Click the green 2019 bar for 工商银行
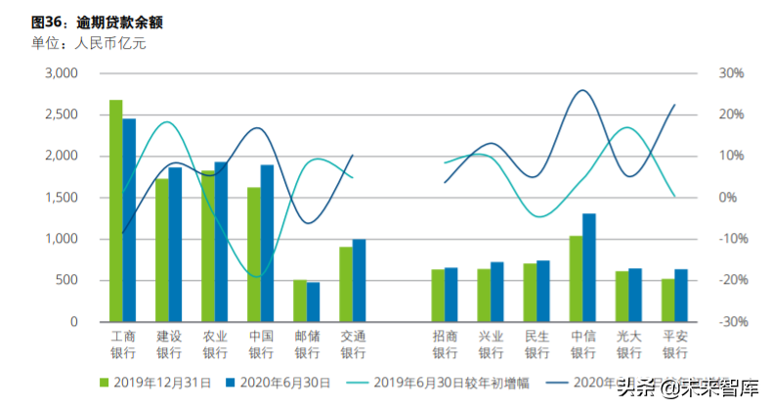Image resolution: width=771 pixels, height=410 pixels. coord(115,210)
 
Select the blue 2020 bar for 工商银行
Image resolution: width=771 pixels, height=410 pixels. coord(129,220)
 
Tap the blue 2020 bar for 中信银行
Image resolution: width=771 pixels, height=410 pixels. coord(589,267)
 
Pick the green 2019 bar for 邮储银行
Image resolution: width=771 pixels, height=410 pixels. coord(300,300)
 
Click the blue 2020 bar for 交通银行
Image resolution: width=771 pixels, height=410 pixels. coord(359,280)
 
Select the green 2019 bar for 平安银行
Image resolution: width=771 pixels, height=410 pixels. coord(667,299)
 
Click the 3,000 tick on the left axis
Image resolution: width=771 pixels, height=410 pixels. coord(61,73)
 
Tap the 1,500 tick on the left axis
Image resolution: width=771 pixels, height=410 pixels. coord(61,198)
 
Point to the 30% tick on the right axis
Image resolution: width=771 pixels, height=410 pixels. coord(732,73)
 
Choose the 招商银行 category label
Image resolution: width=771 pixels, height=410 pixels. coord(445,344)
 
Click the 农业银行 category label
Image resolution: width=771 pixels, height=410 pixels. coord(215,344)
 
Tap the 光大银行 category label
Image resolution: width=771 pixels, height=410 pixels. coord(628,344)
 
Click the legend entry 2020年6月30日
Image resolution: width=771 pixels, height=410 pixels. coord(278,383)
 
